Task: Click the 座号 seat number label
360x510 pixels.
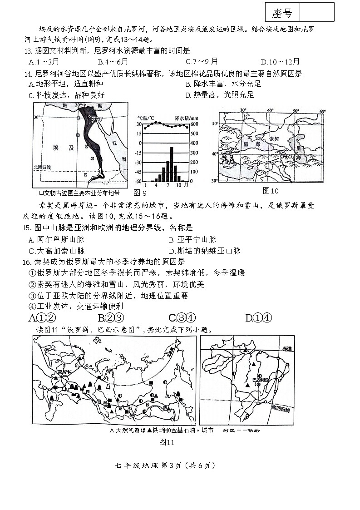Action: pyautogui.click(x=282, y=13)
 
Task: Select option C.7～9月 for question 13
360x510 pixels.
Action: pyautogui.click(x=202, y=62)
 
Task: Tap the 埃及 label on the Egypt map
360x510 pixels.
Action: pyautogui.click(x=62, y=148)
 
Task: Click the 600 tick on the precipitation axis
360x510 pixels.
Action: pyautogui.click(x=194, y=124)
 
